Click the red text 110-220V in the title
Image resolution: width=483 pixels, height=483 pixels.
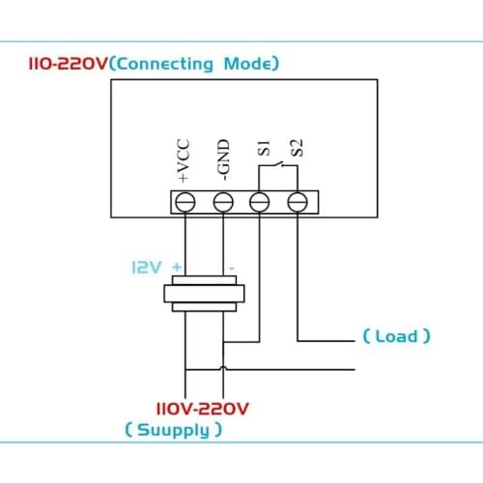[62, 65]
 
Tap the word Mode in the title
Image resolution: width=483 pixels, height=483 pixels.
[248, 65]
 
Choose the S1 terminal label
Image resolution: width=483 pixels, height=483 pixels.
[261, 152]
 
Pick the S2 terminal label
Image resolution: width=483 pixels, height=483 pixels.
[298, 151]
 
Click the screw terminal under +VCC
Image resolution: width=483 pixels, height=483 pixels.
[185, 201]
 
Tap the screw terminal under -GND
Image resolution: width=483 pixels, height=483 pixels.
[223, 201]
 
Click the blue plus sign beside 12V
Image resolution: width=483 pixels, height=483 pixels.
[177, 266]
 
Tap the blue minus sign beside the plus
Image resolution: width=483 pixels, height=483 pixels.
[230, 266]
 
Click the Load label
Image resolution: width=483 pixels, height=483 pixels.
[396, 336]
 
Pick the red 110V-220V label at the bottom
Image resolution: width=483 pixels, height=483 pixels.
[202, 409]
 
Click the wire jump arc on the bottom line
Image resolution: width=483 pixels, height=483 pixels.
[223, 368]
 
